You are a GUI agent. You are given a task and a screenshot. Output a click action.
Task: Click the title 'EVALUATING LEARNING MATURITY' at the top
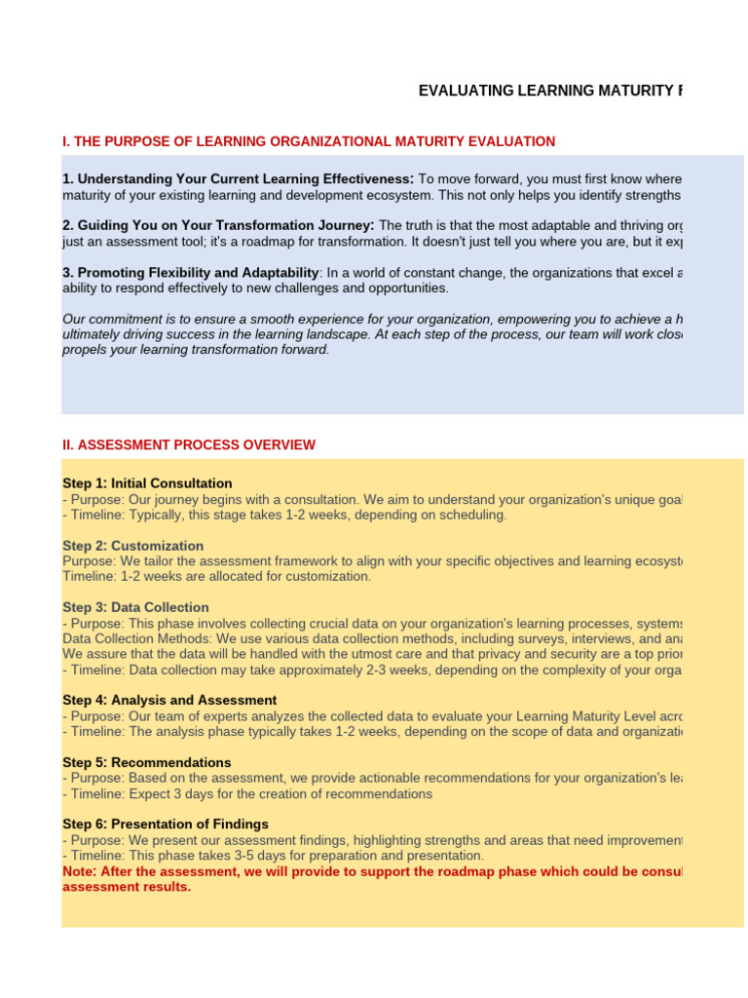point(550,91)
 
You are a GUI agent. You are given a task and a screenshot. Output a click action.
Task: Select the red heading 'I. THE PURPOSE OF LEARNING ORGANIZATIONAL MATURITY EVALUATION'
point(309,141)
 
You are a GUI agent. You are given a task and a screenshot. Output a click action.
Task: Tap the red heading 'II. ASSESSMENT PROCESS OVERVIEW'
point(189,444)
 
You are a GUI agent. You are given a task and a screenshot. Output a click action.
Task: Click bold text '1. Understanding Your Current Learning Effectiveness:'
point(239,179)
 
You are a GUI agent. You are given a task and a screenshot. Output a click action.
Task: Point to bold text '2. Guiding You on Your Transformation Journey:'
point(218,225)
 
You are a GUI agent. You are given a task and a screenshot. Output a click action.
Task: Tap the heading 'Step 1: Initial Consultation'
point(147,483)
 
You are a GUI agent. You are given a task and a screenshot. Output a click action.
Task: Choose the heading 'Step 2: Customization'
point(132,546)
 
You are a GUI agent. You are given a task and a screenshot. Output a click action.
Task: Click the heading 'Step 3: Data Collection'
point(135,607)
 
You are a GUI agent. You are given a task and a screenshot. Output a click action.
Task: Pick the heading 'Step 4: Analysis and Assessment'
point(169,700)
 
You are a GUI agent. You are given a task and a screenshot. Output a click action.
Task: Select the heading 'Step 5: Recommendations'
point(147,762)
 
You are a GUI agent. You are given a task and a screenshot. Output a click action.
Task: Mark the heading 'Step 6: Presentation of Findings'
point(166,824)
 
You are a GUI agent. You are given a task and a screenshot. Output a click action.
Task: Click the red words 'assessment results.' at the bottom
point(127,887)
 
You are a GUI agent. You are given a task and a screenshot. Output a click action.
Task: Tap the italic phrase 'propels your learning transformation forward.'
point(196,350)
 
